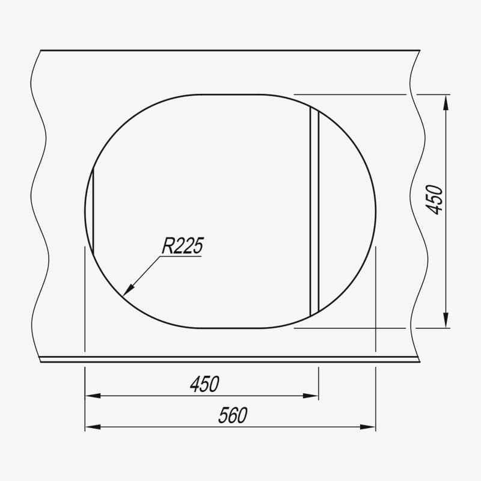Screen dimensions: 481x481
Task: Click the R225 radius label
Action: point(183,245)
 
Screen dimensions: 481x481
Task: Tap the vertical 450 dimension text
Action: point(434,200)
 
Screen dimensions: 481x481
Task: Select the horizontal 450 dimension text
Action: point(204,384)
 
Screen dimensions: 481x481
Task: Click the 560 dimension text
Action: point(233,415)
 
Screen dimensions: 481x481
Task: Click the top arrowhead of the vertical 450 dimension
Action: point(446,103)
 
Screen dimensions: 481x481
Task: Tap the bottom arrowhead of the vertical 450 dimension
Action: point(446,320)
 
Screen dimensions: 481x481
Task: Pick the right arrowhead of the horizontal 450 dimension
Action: point(310,396)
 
